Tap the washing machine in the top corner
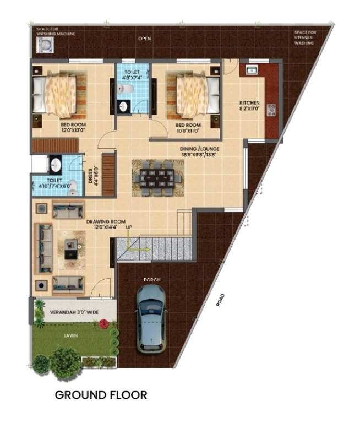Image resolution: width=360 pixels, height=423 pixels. click(44, 45)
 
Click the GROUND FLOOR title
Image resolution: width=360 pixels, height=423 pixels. click(101, 395)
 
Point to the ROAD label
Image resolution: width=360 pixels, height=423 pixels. click(221, 300)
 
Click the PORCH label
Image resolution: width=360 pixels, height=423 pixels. click(152, 280)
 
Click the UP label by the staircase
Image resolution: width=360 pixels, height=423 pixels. click(129, 227)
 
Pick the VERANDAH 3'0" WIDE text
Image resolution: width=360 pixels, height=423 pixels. click(74, 312)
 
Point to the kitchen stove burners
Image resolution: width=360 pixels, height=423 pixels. click(270, 109)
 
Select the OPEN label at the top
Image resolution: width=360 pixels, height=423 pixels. click(145, 39)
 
